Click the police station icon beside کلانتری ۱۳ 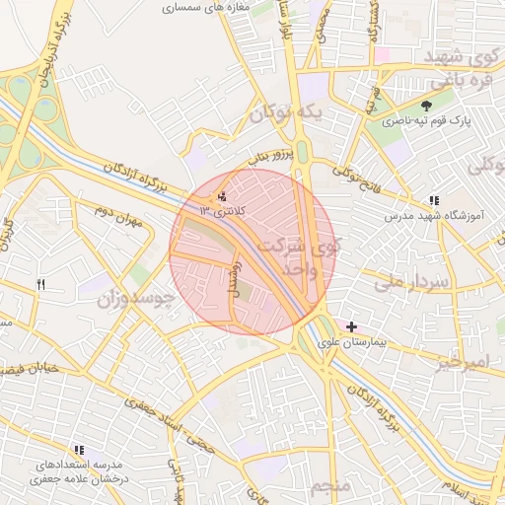coord(222,196)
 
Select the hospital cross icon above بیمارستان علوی coord(352,326)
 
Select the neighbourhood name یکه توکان coord(285,112)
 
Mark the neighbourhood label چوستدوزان coord(135,296)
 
